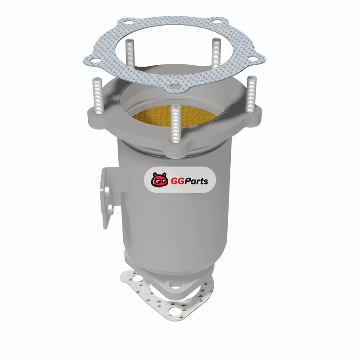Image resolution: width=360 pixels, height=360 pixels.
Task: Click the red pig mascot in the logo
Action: pyautogui.click(x=159, y=180)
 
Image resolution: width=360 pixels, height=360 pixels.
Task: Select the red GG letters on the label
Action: pyautogui.click(x=176, y=181)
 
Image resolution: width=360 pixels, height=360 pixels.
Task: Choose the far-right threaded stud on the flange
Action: pyautogui.click(x=252, y=94)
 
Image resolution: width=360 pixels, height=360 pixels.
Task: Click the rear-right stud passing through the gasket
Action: pyautogui.click(x=216, y=53)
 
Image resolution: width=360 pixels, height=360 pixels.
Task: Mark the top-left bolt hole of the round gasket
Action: pyautogui.click(x=129, y=23)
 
